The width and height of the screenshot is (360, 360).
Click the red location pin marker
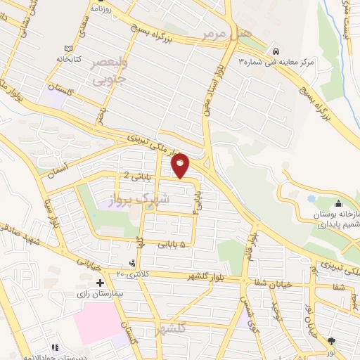pyautogui.click(x=181, y=165)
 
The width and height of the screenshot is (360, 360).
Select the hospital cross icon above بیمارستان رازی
pyautogui.click(x=101, y=282)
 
